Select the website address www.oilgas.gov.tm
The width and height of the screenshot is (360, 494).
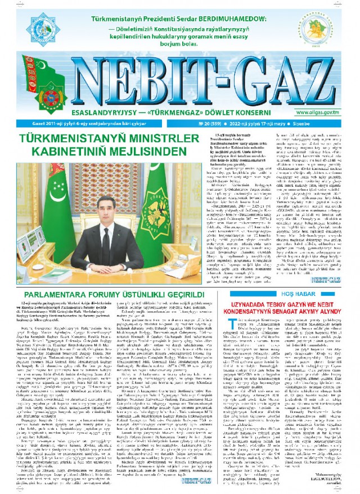324,112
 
